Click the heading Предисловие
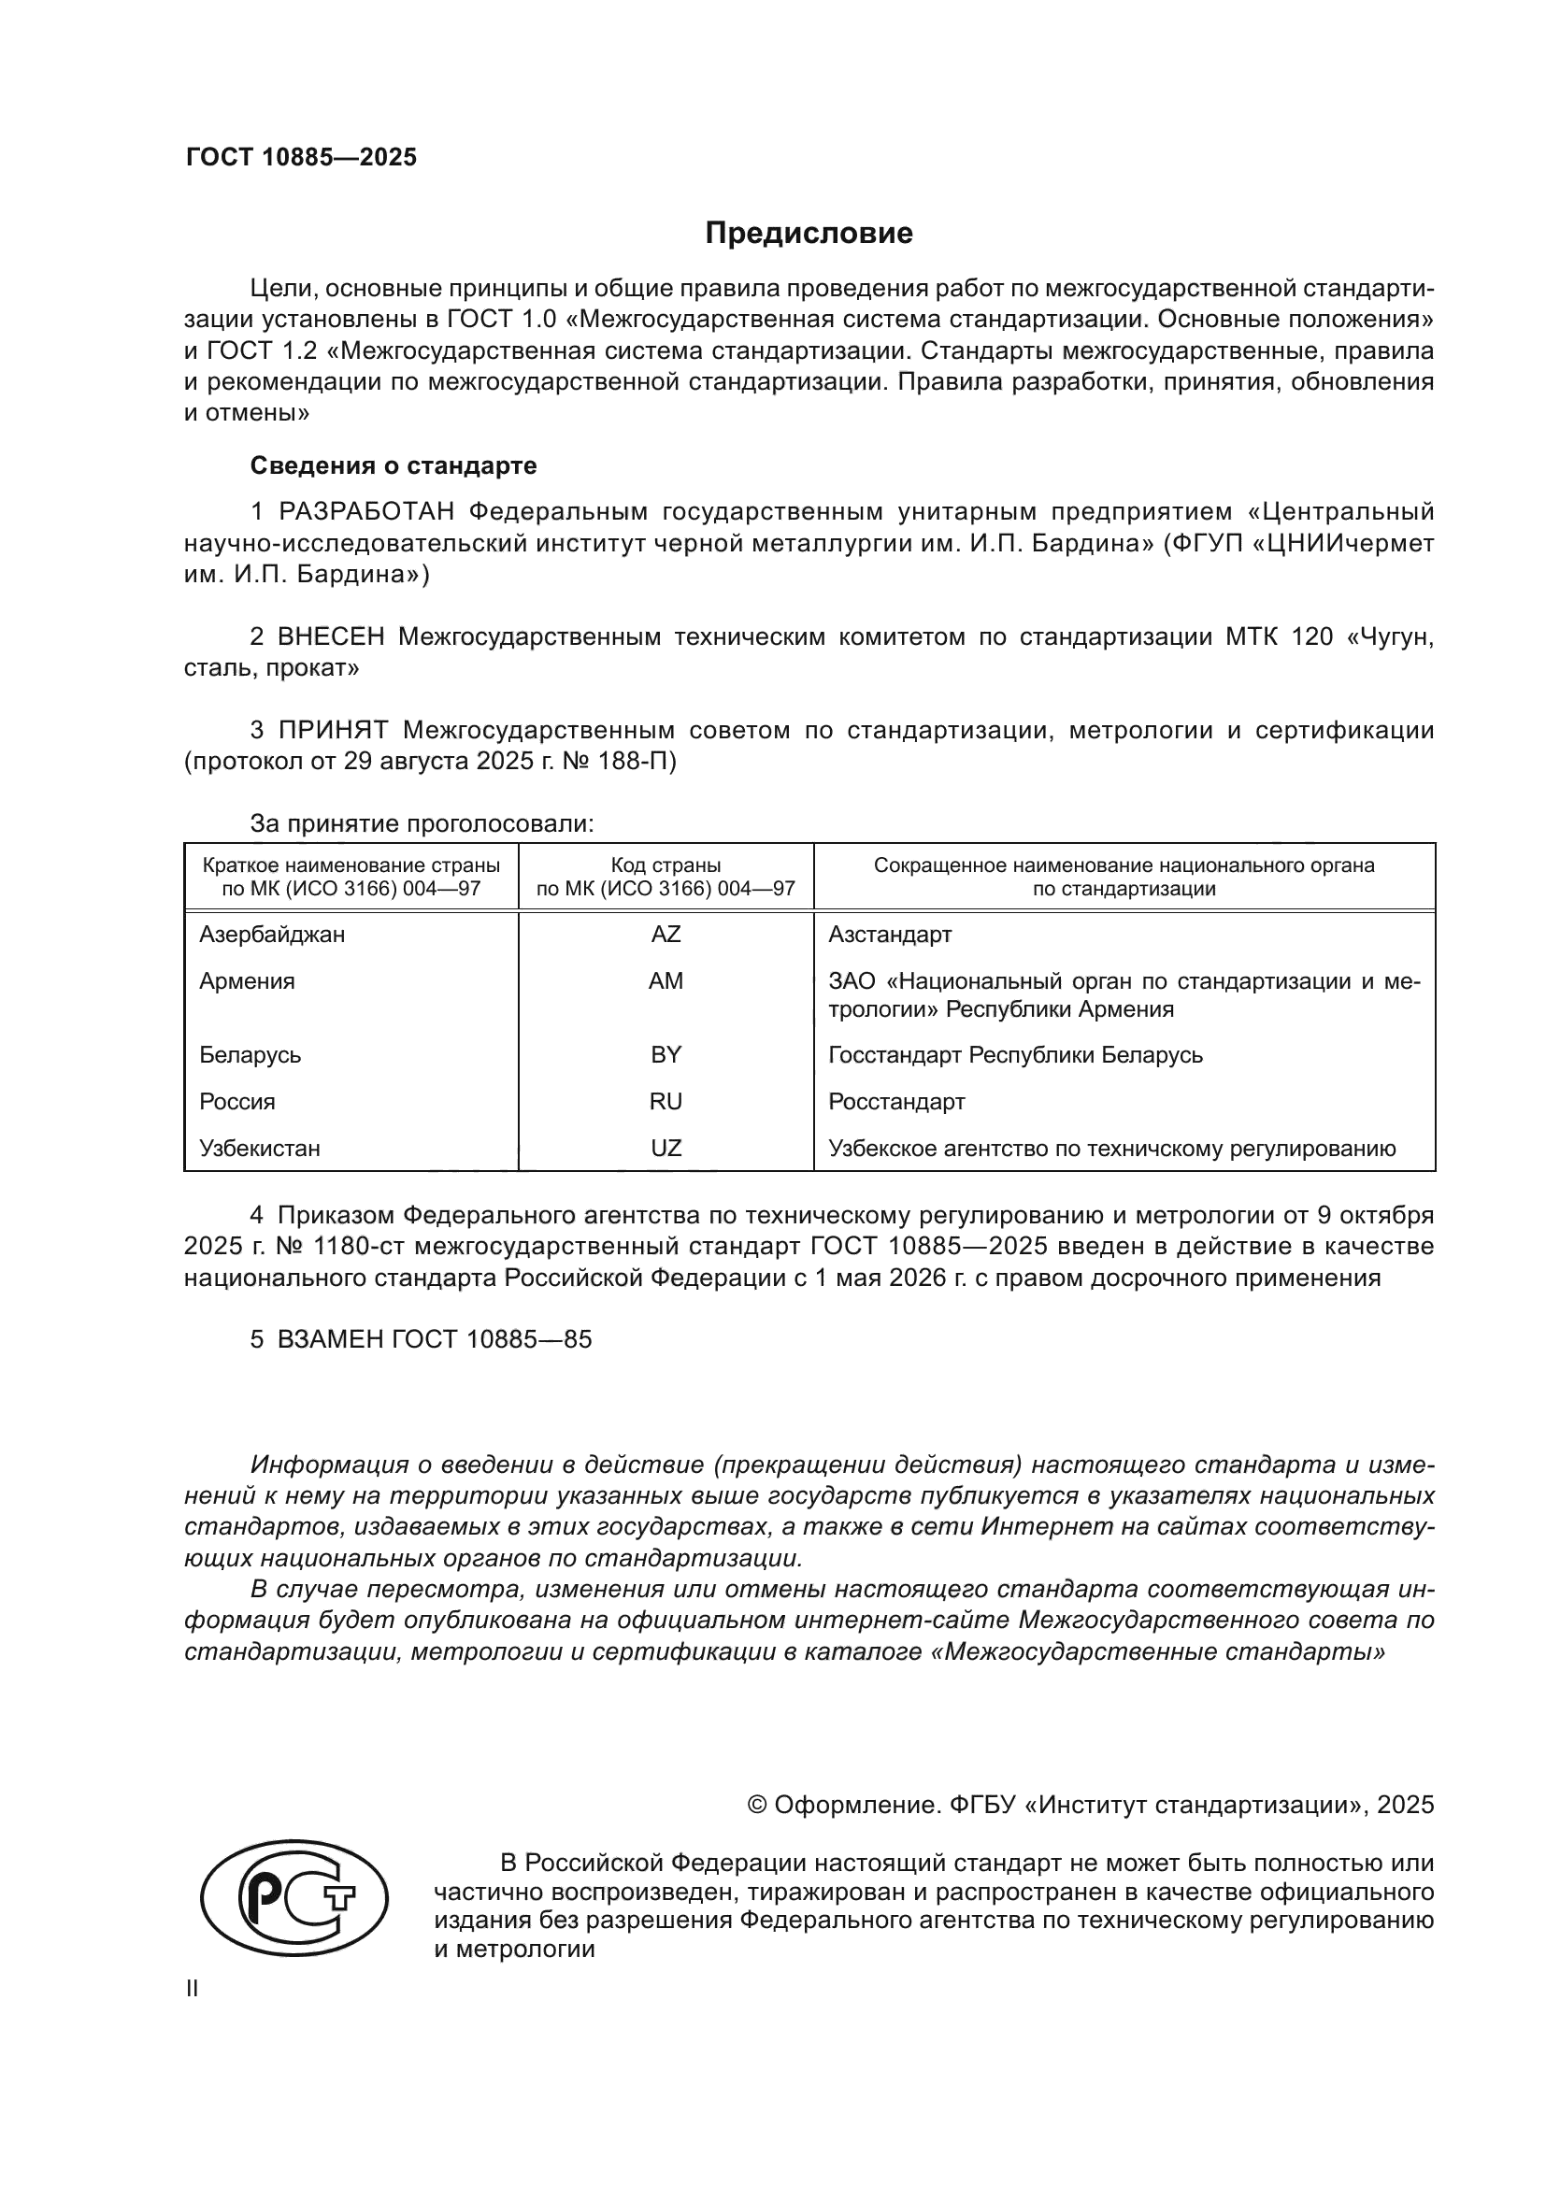point(809,234)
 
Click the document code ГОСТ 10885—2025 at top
point(301,158)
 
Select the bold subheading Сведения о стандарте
point(394,465)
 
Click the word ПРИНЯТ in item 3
point(333,730)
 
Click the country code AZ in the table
point(666,934)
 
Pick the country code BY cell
point(666,1055)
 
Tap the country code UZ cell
point(666,1149)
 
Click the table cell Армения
point(247,981)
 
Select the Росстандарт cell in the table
point(895,1102)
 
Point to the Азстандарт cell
point(889,934)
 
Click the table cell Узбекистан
point(259,1149)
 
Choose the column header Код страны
point(666,865)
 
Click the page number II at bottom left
point(193,1989)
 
